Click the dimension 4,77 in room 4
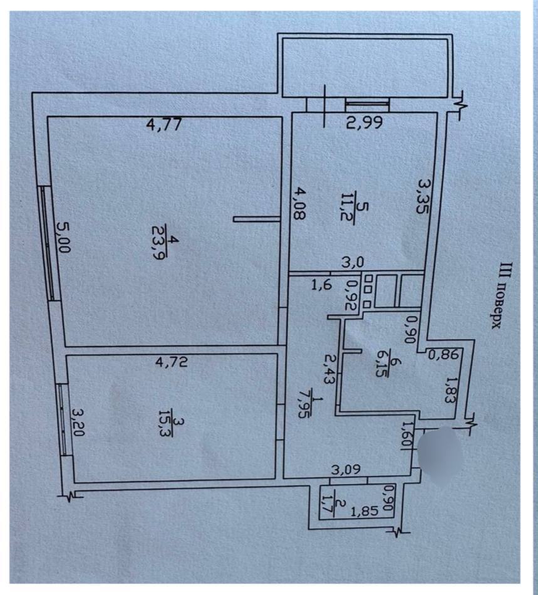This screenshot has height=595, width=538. coord(164,125)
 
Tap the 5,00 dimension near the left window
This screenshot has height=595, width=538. coord(63,237)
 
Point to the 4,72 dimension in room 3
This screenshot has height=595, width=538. coord(172,362)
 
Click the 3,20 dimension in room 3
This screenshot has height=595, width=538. coord(78,423)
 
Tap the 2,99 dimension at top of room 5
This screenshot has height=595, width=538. coord(365,122)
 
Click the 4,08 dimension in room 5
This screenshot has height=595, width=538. coord(300,204)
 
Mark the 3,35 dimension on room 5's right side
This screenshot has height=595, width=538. coord(423,196)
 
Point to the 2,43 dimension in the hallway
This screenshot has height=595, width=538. coord(330,369)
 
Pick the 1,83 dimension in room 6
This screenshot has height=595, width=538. coord(450,391)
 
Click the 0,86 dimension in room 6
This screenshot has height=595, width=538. coord(444,355)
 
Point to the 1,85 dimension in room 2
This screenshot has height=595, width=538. coord(365,512)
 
